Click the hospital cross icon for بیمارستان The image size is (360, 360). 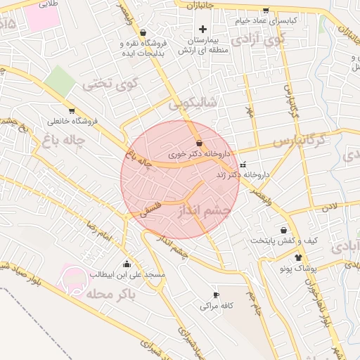[x=203, y=29]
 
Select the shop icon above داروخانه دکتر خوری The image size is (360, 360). [x=200, y=143]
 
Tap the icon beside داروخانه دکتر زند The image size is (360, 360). [x=243, y=165]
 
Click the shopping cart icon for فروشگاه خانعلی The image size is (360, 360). [x=72, y=111]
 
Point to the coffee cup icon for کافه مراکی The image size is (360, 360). [x=216, y=295]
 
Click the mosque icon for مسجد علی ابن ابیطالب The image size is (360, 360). [x=127, y=264]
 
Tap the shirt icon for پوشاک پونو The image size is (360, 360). [x=299, y=258]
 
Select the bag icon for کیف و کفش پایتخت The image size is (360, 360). [x=283, y=230]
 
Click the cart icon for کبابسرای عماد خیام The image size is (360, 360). [x=265, y=11]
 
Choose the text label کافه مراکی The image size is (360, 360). [x=216, y=306]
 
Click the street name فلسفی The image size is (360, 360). [x=150, y=208]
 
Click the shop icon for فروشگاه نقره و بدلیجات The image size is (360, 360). [x=143, y=32]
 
